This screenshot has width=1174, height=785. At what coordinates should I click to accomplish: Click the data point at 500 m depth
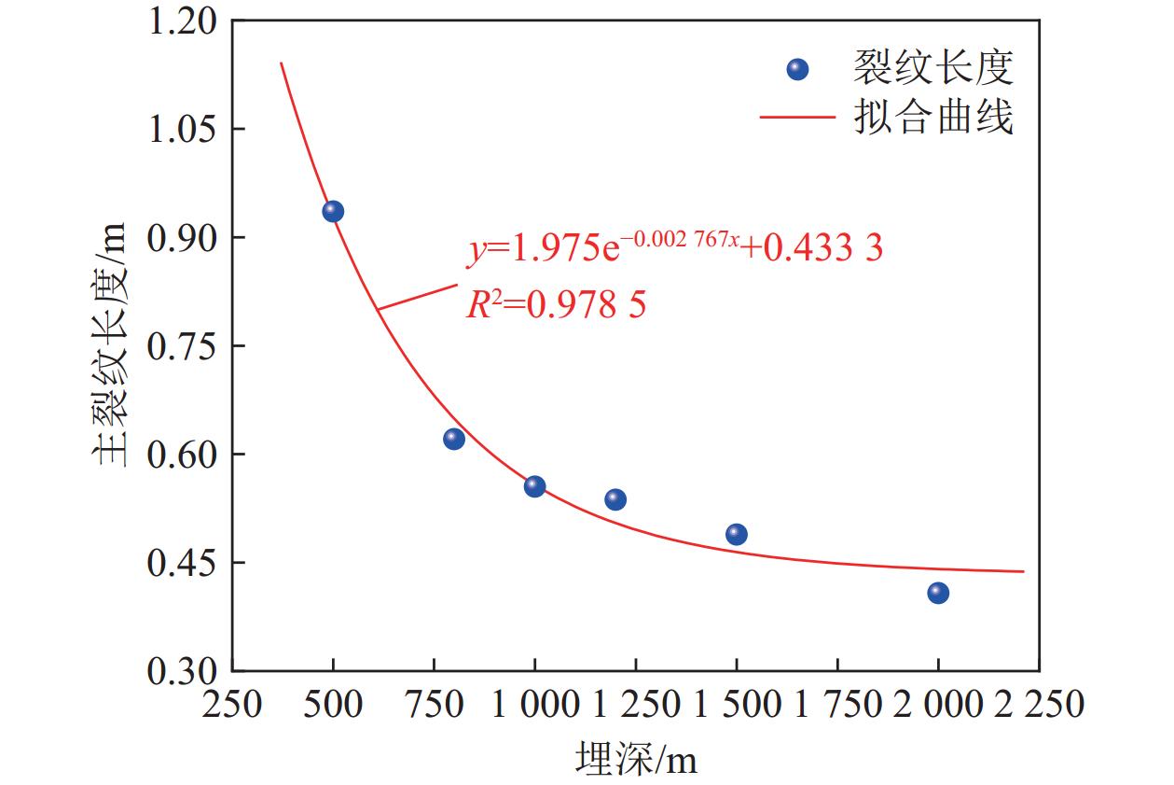(x=333, y=212)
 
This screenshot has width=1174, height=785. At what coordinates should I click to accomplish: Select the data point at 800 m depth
(x=454, y=439)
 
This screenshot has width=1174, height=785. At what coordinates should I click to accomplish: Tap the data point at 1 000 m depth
(x=534, y=486)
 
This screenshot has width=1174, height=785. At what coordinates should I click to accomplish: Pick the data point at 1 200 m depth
(x=615, y=499)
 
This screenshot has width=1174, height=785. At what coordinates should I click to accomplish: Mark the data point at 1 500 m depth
(x=736, y=534)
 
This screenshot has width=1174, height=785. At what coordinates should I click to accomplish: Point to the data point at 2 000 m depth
(x=938, y=593)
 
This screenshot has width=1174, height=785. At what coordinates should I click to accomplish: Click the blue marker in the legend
(x=797, y=69)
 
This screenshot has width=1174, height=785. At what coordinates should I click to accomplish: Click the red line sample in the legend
(x=797, y=119)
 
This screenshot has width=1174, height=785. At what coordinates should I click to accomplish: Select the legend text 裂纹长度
(x=932, y=68)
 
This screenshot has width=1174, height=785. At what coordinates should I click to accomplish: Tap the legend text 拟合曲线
(x=932, y=119)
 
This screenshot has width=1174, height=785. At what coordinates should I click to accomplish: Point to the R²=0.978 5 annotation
(x=556, y=304)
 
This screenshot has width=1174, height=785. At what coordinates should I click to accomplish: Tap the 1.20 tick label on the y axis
(x=184, y=21)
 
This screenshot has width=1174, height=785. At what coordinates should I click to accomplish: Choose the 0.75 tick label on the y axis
(x=184, y=346)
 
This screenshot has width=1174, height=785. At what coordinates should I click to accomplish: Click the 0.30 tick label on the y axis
(x=184, y=670)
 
